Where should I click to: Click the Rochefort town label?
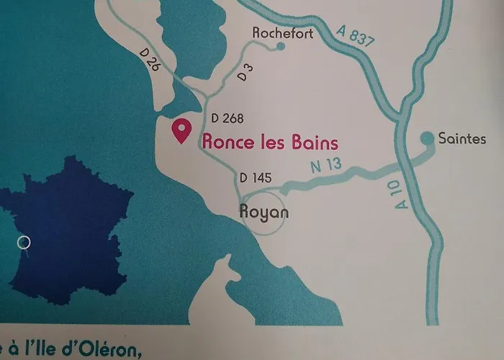[283, 32]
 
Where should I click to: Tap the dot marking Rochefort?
[281, 47]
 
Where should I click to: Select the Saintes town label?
[462, 138]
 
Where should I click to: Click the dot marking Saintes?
[427, 137]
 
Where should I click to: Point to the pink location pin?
[181, 131]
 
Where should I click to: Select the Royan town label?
[263, 212]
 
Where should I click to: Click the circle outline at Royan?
[264, 213]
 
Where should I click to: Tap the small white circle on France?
[24, 242]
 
